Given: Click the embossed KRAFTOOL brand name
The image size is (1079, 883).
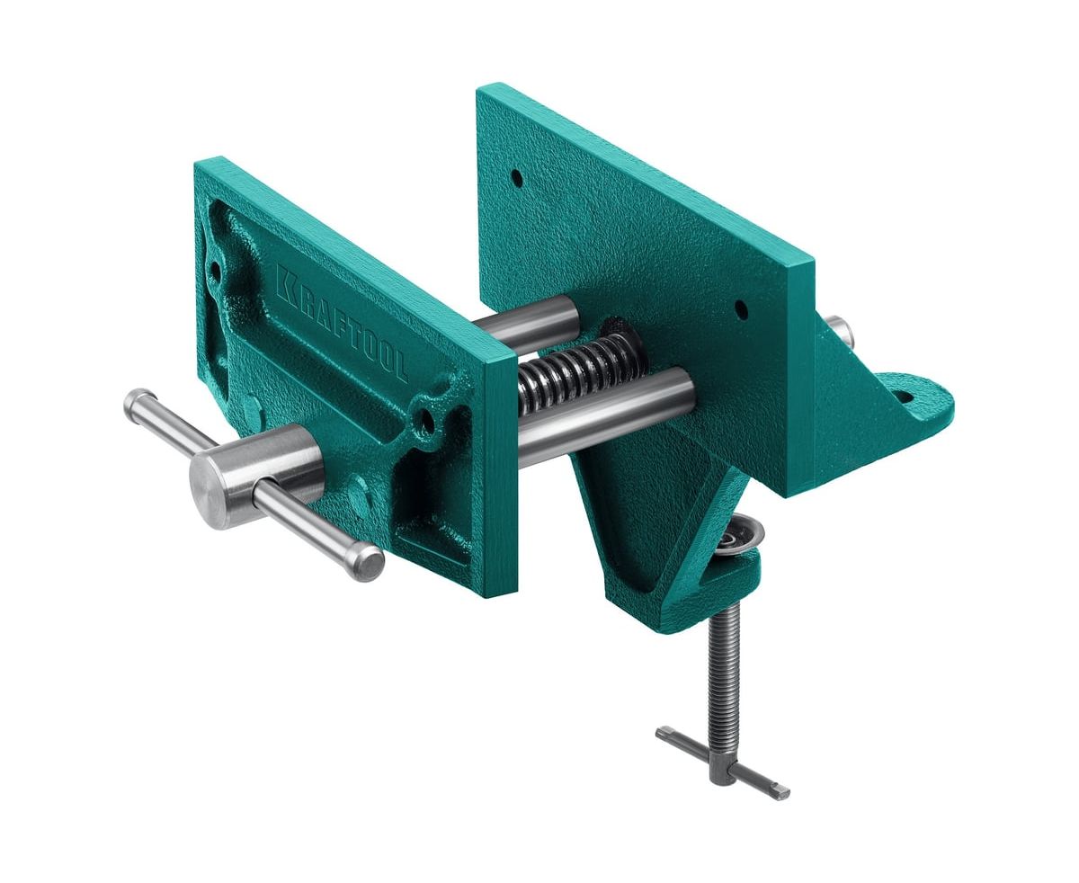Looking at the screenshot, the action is (342, 323).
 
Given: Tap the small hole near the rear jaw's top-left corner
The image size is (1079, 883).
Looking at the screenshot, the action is (517, 177).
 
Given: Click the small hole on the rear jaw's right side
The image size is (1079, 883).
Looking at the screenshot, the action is (740, 308).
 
